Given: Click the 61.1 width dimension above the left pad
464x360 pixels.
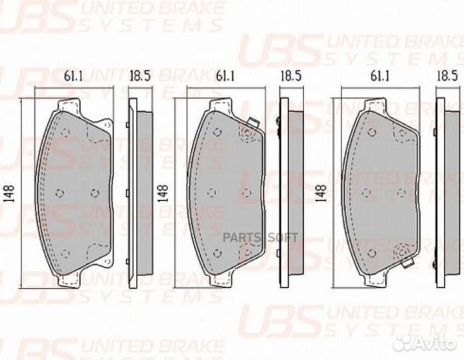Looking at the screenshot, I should (74, 77).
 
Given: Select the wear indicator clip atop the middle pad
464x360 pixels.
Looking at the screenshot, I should (251, 122).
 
